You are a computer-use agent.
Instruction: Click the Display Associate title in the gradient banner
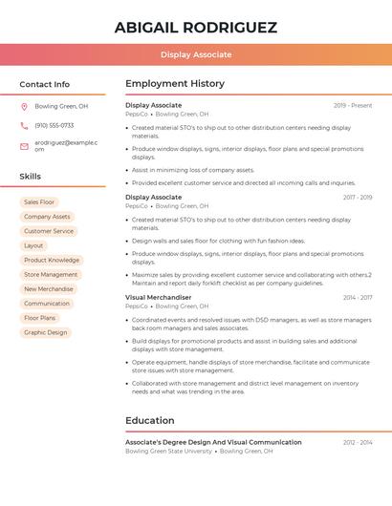tap(196, 54)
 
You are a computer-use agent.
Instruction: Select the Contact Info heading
tap(45, 84)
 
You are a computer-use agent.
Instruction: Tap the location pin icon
tap(24, 106)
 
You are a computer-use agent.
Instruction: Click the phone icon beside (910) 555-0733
tap(24, 125)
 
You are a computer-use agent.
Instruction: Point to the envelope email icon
tap(24, 145)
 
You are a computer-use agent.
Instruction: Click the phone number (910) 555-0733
tap(54, 125)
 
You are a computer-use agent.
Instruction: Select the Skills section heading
tap(31, 177)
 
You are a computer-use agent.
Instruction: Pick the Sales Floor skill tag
tap(39, 202)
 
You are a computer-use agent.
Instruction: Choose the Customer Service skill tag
tap(49, 231)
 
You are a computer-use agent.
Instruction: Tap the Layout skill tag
tap(33, 245)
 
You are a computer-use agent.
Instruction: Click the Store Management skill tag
tap(52, 275)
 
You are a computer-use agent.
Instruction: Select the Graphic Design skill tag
tap(46, 332)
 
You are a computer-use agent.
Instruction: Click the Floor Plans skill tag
tap(40, 318)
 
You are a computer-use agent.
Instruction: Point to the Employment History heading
tap(175, 84)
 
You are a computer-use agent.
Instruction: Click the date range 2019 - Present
tap(353, 105)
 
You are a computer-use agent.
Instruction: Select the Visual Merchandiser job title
tap(159, 297)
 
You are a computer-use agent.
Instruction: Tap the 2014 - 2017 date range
tap(358, 297)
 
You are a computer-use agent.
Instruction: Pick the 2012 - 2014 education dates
tap(358, 442)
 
